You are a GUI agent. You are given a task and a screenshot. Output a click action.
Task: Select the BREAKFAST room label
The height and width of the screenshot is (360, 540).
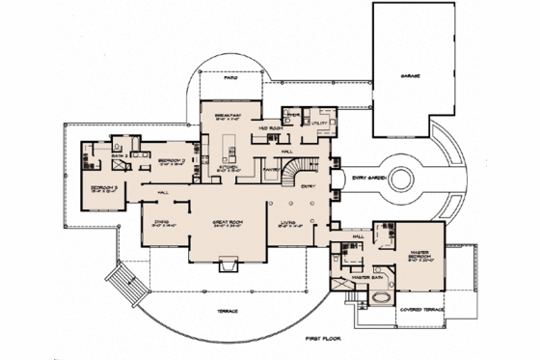pos(229,114)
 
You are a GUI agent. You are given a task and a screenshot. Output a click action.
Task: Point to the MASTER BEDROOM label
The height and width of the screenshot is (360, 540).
pos(419,257)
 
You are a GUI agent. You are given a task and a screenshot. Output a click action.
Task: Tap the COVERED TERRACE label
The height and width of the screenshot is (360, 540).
pos(427,310)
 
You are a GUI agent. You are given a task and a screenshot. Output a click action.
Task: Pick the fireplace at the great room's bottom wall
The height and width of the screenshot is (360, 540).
pos(229,265)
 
